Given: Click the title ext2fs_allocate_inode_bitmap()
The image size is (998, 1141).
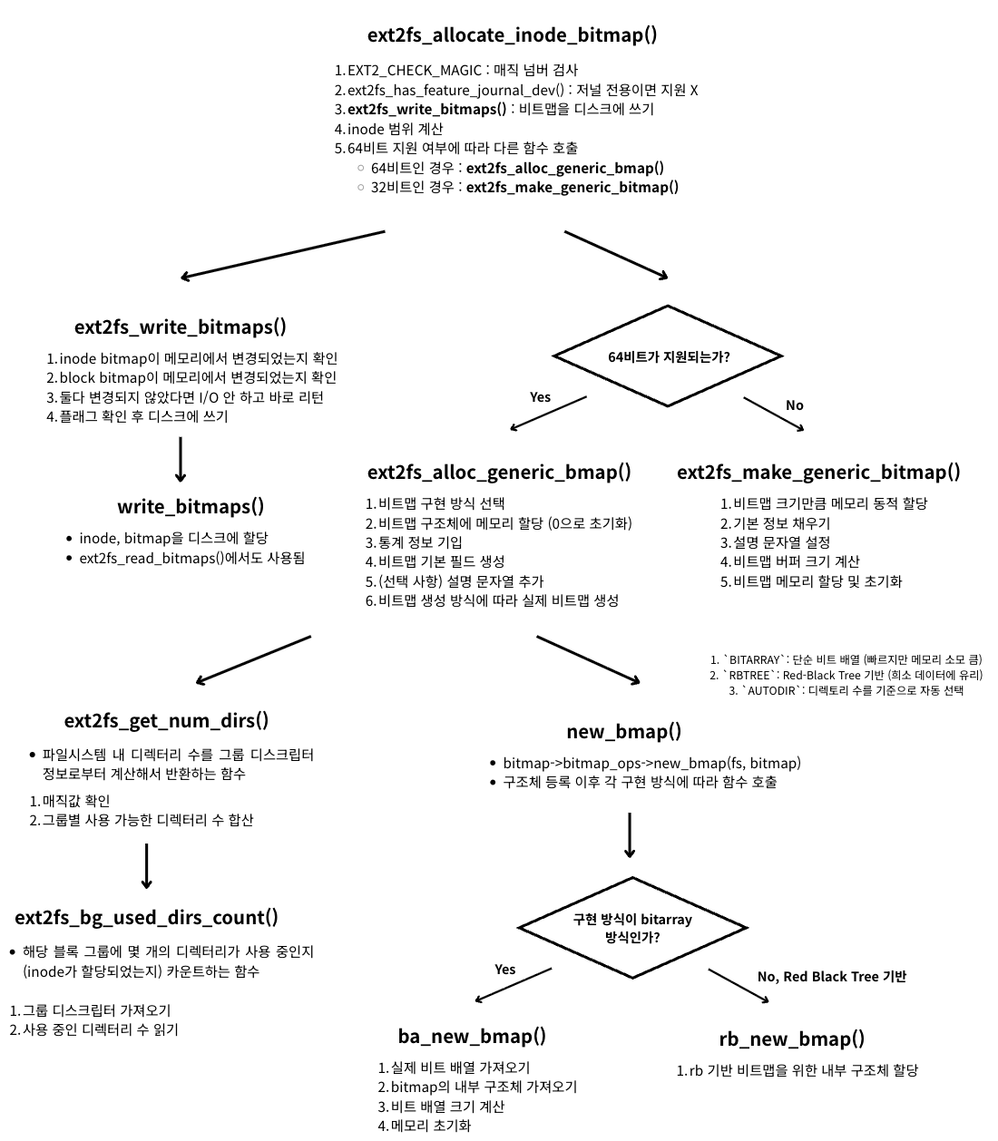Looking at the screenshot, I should click(x=512, y=35).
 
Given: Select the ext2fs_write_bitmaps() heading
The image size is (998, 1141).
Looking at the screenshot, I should click(x=180, y=327).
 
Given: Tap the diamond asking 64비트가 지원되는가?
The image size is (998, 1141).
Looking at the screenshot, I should click(x=669, y=356).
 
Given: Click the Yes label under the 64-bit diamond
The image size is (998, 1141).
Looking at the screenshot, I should click(x=540, y=397).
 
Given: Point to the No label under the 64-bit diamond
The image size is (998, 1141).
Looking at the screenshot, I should click(x=794, y=405).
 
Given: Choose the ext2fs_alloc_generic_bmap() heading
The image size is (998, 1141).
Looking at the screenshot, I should click(x=499, y=473).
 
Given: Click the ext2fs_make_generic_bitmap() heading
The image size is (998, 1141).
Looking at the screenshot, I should click(x=818, y=473).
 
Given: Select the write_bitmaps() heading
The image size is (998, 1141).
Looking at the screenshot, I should click(x=191, y=507).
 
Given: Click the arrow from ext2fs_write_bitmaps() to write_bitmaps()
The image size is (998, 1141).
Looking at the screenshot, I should click(x=180, y=460).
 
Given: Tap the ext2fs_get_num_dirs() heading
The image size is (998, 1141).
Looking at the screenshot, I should click(x=166, y=721).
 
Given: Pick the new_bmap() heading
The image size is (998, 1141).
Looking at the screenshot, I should click(x=623, y=732).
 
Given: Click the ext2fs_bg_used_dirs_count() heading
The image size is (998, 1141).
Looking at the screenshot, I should click(x=146, y=918).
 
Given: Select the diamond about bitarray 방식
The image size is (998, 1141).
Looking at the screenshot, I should click(x=632, y=928).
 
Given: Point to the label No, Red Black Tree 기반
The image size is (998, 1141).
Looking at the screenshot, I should click(x=831, y=977).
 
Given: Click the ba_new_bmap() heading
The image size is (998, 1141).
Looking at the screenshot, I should click(x=472, y=1037).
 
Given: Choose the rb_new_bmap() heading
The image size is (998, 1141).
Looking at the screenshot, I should click(x=791, y=1039).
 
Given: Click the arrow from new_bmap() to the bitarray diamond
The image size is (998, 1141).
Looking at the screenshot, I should click(x=630, y=834).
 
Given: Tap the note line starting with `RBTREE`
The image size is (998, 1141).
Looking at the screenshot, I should click(x=846, y=676).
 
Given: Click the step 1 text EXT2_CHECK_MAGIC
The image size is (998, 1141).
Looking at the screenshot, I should click(x=414, y=71).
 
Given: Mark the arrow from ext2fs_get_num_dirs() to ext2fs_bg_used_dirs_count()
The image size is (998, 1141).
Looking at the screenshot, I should click(x=146, y=866).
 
